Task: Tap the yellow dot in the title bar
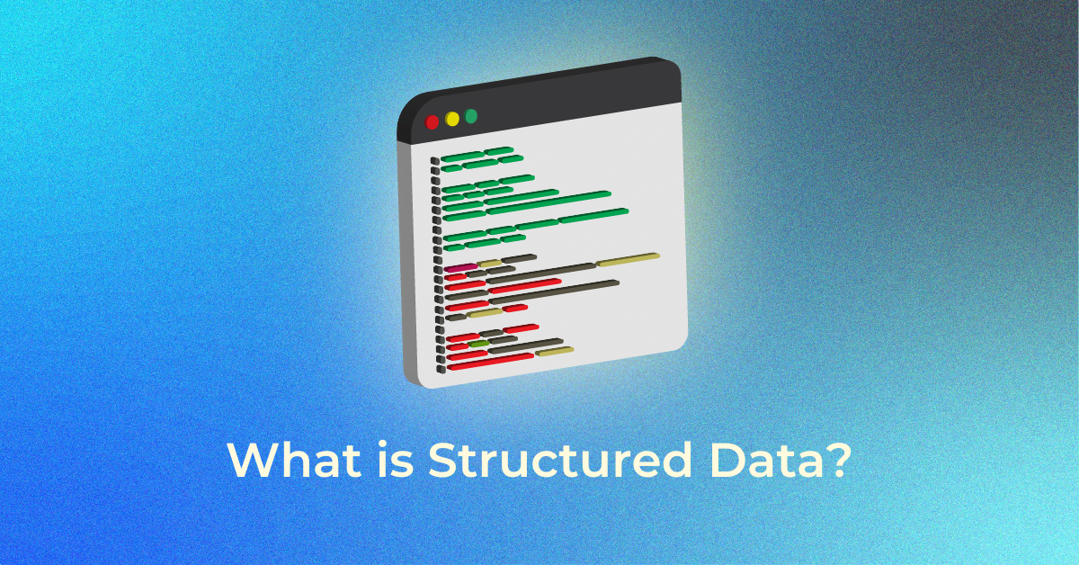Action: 451,119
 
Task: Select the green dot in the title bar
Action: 470,116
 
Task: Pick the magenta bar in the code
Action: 459,268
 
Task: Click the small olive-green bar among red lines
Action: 478,344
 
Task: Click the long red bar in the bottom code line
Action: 490,362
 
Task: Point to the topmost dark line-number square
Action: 435,161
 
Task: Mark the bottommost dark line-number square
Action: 441,368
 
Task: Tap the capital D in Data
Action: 700,461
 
